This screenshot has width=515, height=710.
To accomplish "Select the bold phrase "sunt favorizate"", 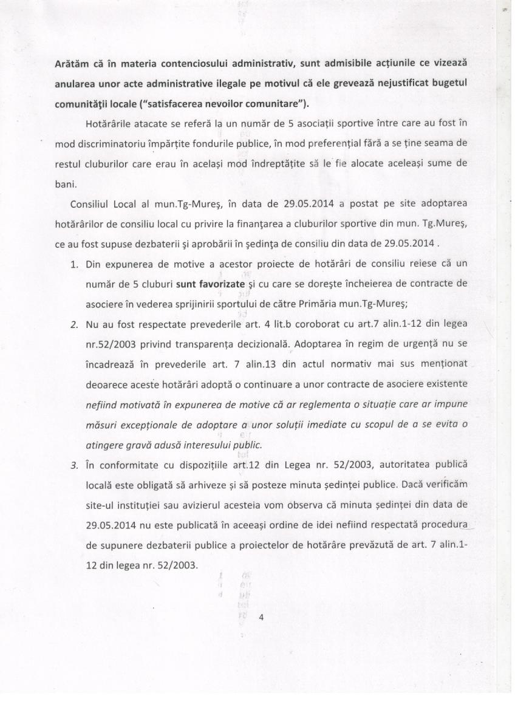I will pos(210,283).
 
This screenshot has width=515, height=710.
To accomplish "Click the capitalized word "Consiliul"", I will pos(91,203).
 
